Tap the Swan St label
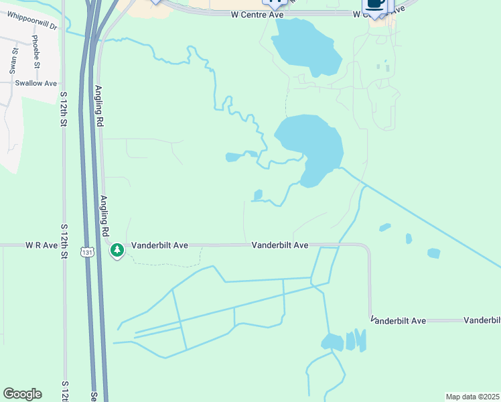(x=13, y=60)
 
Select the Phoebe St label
(x=35, y=50)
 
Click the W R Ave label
(x=42, y=245)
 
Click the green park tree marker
(x=117, y=251)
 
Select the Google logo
(x=22, y=394)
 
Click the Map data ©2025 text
(x=472, y=397)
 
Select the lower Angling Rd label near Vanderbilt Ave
(x=104, y=215)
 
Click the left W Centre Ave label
(x=258, y=13)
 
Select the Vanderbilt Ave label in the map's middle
(x=280, y=245)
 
